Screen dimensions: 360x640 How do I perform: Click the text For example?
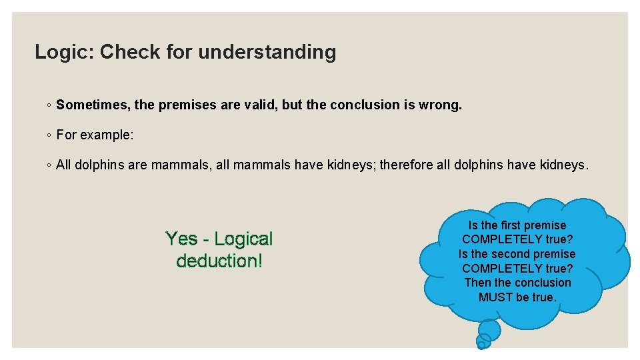(95, 135)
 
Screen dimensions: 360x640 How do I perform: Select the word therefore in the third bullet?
(406, 165)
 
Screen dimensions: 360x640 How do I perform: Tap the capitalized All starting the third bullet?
(64, 165)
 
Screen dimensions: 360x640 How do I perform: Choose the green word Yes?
(181, 239)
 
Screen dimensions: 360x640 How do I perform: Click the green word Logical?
(243, 239)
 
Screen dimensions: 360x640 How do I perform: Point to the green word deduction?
(219, 261)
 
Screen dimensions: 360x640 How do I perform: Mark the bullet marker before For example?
(49, 135)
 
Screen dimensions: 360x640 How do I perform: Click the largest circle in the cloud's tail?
(489, 329)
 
